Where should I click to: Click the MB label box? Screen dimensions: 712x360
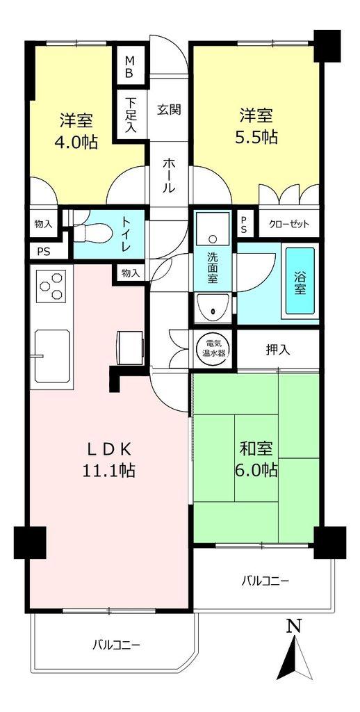coord(129,67)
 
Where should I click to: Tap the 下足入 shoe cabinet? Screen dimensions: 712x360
coord(130,115)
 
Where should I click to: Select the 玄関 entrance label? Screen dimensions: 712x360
coord(169,109)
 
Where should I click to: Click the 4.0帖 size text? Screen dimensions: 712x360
coord(77,142)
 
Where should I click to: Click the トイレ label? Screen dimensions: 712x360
coord(126,234)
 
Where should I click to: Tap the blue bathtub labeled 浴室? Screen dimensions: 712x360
coord(300,282)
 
